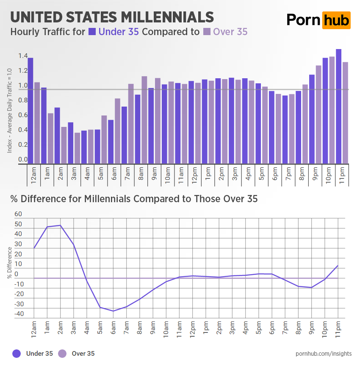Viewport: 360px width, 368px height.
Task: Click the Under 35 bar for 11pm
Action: point(338,106)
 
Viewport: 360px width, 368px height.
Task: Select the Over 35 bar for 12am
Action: point(37,123)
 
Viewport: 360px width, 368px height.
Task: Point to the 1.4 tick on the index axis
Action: point(23,56)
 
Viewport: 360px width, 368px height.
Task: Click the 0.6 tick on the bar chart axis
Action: point(23,115)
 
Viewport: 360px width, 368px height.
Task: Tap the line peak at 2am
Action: point(61,225)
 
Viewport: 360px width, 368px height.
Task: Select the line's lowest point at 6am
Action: point(114,311)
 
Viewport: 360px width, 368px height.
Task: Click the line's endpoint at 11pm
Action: point(338,265)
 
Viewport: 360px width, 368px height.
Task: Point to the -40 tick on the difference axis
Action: point(19,314)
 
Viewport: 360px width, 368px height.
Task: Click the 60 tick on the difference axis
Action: point(18,214)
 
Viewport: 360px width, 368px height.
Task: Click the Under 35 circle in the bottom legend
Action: point(17,353)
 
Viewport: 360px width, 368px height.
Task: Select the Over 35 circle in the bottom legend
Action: point(62,353)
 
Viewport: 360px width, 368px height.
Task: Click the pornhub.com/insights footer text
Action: point(324,353)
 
